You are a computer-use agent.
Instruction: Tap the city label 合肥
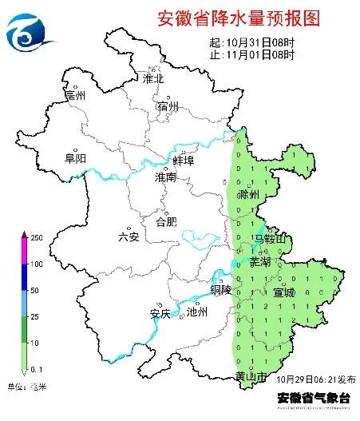[x=166, y=220]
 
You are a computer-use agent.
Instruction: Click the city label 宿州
[x=168, y=106]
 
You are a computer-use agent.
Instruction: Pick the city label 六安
[x=128, y=236]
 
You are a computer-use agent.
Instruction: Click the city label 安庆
[x=160, y=313]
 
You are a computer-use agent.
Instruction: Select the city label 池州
[x=196, y=313]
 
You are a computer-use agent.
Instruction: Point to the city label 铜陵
[x=221, y=290]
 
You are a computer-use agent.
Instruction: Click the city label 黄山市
[x=250, y=377]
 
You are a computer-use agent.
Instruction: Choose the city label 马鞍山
[x=269, y=239]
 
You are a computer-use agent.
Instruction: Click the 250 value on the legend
[x=36, y=238]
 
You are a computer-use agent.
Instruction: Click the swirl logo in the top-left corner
[x=30, y=30]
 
